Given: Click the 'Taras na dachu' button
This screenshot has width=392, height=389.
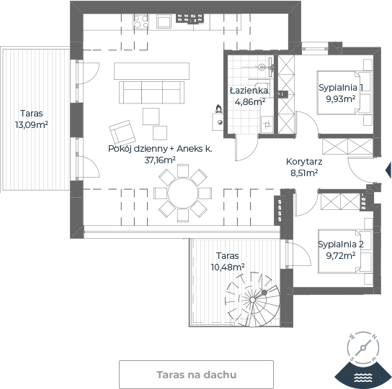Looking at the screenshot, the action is click(196, 375).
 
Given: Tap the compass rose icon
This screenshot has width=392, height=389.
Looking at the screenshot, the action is click(363, 347).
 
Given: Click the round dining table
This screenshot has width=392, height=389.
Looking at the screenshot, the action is click(183, 193).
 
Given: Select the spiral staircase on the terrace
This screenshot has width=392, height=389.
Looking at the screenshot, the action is click(252, 299).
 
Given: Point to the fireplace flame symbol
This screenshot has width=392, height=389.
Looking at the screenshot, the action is click(219, 109).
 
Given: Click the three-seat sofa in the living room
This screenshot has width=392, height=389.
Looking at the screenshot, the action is click(152, 92).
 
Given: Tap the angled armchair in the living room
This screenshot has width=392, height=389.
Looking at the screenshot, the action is click(122, 132).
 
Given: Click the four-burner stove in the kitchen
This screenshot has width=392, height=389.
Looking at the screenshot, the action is click(141, 22).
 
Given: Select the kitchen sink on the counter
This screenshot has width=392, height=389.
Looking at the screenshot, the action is click(164, 22).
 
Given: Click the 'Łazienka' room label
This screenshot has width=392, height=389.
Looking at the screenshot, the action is click(249, 91).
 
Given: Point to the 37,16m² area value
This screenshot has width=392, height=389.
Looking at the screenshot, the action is click(160, 160).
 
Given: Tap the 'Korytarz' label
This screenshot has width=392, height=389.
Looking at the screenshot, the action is click(304, 162).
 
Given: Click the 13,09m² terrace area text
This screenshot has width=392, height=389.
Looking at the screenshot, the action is click(32, 125).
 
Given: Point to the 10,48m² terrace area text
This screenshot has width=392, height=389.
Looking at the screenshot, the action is click(228, 267).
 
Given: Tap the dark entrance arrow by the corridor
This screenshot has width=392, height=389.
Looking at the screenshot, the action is click(388, 170).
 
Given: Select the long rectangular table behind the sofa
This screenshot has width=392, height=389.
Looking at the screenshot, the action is click(151, 71).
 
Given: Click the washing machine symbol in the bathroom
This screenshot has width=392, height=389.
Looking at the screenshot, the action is click(267, 124).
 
